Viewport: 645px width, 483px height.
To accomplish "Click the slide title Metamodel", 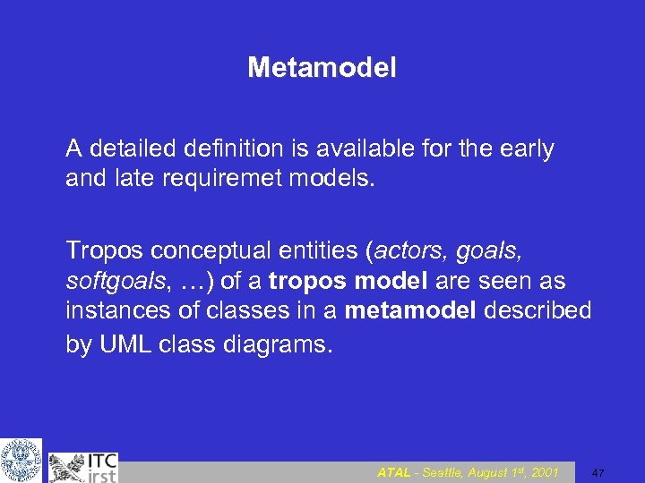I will pyautogui.click(x=322, y=67).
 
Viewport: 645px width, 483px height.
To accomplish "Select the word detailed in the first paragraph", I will pyautogui.click(x=128, y=148).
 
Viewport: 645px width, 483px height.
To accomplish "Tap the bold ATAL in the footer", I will pyautogui.click(x=393, y=472).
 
